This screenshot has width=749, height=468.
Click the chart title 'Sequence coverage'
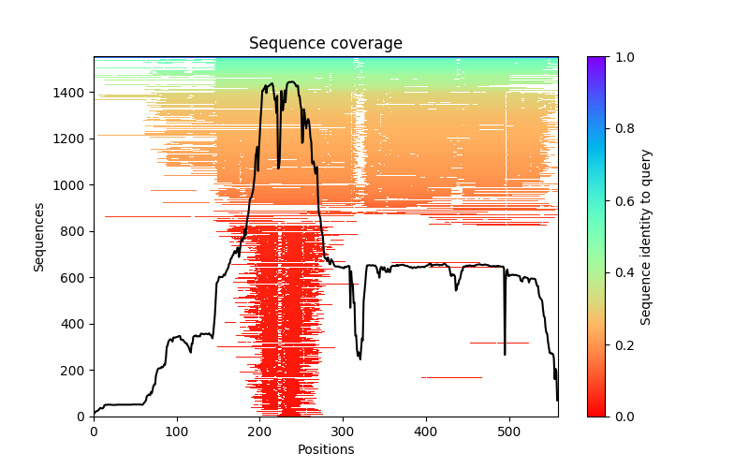click(325, 44)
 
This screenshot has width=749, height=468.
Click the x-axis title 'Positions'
click(325, 450)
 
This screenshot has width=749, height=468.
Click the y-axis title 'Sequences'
click(39, 236)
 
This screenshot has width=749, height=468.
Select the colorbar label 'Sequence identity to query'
click(646, 236)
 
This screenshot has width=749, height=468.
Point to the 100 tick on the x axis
click(177, 417)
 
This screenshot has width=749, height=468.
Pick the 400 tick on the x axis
click(426, 417)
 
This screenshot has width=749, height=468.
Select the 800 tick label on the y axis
click(73, 231)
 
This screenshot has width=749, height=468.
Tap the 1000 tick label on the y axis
click(69, 185)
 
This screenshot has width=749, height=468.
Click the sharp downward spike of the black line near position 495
click(505, 351)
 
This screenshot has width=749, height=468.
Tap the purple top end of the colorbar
click(595, 60)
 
